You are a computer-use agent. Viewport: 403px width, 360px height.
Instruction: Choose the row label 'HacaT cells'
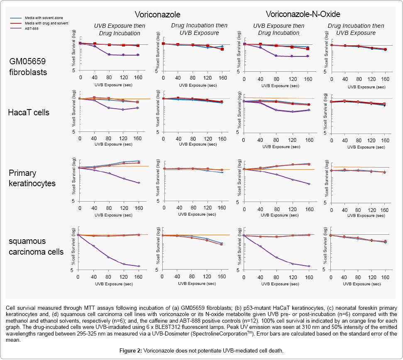(x=29, y=112)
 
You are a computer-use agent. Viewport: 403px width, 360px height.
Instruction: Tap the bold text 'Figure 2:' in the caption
(x=131, y=350)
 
